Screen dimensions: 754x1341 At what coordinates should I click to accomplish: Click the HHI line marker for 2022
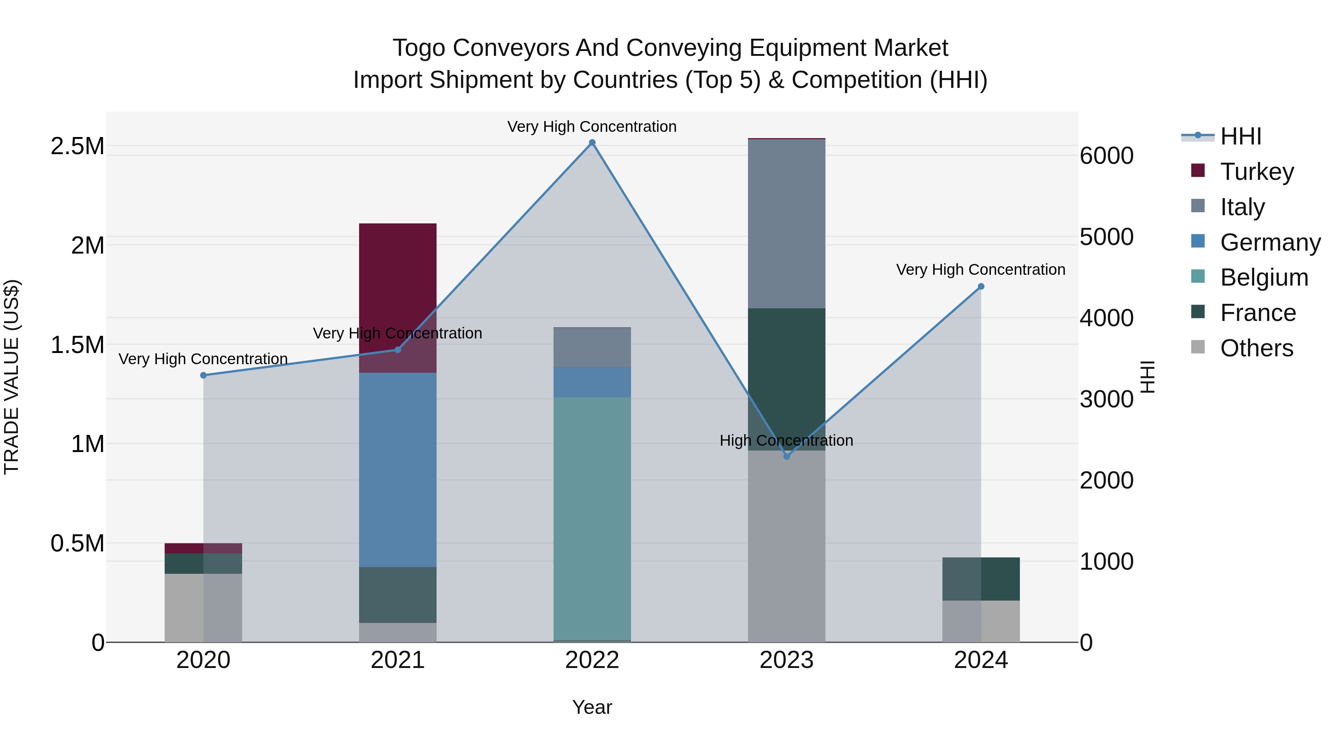point(592,143)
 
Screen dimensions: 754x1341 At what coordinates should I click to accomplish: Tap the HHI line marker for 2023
point(787,456)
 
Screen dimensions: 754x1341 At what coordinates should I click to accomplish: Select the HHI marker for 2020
point(203,375)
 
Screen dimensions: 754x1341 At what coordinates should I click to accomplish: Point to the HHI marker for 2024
point(981,286)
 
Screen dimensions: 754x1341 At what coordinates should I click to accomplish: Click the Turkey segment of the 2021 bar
point(398,271)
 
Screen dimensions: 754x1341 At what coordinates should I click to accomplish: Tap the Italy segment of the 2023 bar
point(787,224)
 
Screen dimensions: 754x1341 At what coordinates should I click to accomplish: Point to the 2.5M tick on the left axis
point(77,146)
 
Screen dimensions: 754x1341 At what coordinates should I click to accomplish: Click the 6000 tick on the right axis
point(1107,156)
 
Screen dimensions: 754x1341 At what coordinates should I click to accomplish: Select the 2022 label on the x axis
point(592,660)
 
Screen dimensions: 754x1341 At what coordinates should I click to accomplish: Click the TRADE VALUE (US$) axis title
point(12,377)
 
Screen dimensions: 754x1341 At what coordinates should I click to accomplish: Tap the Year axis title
point(592,707)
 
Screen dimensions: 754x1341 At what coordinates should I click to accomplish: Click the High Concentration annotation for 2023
point(786,441)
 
